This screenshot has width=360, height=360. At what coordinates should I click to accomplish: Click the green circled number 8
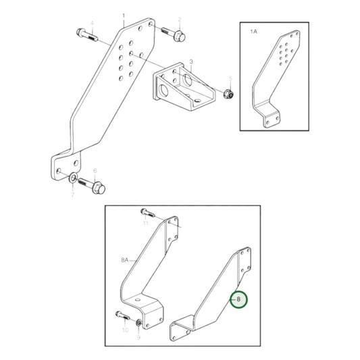[x=238, y=299]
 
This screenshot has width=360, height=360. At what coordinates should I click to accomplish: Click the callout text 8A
[x=125, y=259]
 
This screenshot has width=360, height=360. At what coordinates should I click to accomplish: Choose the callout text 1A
[x=253, y=32]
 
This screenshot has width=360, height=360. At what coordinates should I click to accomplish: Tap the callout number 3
[x=191, y=61]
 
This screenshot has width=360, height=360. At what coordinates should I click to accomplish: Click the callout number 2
[x=180, y=20]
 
